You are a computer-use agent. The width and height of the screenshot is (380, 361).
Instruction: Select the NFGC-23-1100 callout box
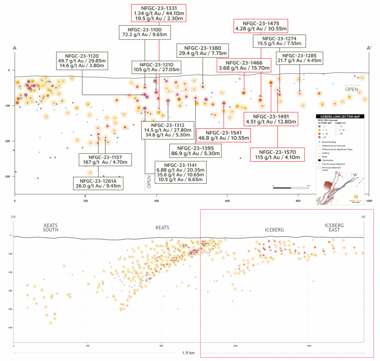click(x=145, y=32)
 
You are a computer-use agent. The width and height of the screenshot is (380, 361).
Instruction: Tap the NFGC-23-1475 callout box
click(x=261, y=25)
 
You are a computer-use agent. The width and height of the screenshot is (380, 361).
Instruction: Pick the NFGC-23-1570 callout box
click(x=278, y=155)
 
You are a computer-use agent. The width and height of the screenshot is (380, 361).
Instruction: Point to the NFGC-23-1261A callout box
click(x=99, y=182)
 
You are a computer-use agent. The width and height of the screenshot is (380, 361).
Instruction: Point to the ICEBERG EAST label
click(x=334, y=228)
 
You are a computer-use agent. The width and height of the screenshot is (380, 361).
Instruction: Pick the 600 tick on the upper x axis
click(x=227, y=201)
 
